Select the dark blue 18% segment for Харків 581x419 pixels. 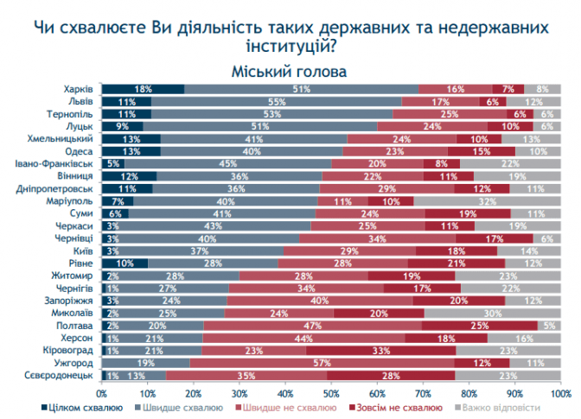pyautogui.click(x=144, y=89)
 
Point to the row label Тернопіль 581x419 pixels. pyautogui.click(x=70, y=113)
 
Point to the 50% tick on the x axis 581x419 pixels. pyautogui.click(x=331, y=393)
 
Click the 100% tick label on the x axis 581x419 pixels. pyautogui.click(x=559, y=393)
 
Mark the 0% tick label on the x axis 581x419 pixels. pyautogui.click(x=103, y=393)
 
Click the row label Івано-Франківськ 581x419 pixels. pyautogui.click(x=54, y=163)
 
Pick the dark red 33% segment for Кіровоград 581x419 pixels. pyautogui.click(x=380, y=351)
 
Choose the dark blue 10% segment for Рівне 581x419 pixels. pyautogui.click(x=125, y=263)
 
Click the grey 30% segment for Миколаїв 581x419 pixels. pyautogui.click(x=492, y=314)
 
